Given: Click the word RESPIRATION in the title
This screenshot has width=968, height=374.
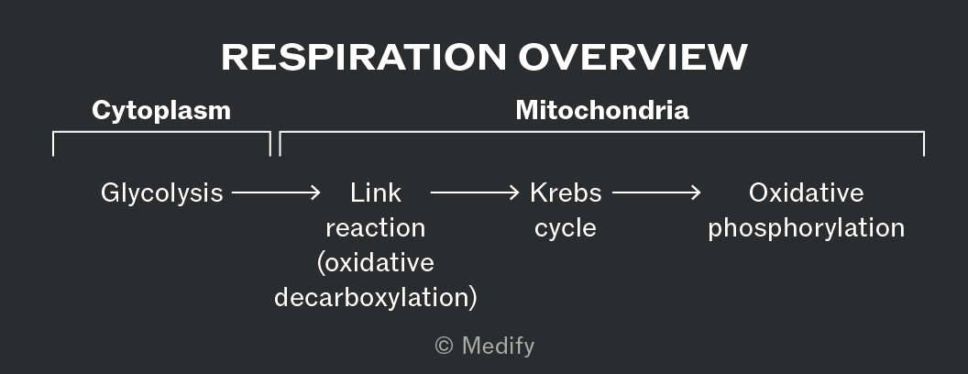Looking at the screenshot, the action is point(364,58).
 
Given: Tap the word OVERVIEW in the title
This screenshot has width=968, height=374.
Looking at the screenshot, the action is point(632,58).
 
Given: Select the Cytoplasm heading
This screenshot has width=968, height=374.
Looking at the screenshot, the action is point(161,111).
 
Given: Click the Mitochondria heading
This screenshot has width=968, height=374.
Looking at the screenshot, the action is point(602,111).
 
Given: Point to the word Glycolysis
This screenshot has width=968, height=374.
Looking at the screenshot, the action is point(161,193).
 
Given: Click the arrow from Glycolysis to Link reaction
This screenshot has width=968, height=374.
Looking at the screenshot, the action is point(276,192).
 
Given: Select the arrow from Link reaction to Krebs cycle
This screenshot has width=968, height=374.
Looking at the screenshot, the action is point(475,192).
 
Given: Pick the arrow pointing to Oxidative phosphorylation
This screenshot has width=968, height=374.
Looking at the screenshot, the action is point(656,192).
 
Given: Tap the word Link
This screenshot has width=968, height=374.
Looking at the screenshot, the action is point(375,193).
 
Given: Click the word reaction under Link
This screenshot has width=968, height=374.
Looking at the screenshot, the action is point(375,228).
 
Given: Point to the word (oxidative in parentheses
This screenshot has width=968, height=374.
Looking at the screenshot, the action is point(375,263).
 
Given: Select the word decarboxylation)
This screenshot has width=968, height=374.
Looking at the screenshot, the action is point(375,298).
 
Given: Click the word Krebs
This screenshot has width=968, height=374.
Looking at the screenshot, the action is point(566,193).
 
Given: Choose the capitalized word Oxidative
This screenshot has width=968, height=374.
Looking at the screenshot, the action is point(807,193).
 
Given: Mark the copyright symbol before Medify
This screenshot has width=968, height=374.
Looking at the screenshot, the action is point(445,346).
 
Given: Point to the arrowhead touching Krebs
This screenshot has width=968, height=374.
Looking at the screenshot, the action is point(513,192).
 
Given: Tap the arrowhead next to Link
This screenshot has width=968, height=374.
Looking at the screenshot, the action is point(314,192).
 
